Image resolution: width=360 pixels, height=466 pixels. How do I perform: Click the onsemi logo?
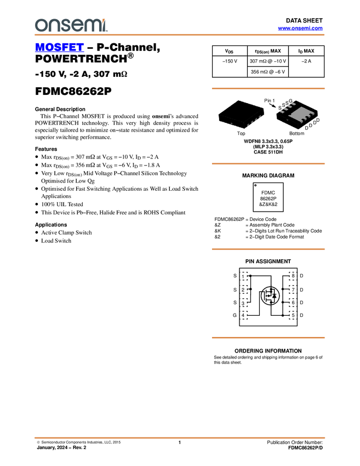[x=71, y=25]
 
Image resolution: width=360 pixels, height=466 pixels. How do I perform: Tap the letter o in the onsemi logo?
[x=39, y=25]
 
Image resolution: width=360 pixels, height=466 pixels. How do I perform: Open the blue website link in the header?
[x=300, y=29]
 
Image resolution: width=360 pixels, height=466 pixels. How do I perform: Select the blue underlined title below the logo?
[x=59, y=48]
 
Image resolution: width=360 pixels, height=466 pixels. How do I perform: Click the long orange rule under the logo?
[x=179, y=35]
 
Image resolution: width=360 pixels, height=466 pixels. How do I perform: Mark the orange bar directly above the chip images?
[x=268, y=88]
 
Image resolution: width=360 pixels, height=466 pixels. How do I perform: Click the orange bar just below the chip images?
[x=268, y=164]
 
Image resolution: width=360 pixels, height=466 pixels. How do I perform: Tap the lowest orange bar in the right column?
[x=268, y=338]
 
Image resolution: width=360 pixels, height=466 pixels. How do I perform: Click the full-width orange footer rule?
[x=179, y=438]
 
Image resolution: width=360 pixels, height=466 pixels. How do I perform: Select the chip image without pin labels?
[x=241, y=114]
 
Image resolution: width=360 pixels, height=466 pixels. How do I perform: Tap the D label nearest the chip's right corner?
[x=318, y=120]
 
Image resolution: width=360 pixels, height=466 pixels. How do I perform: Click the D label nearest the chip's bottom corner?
[x=306, y=128]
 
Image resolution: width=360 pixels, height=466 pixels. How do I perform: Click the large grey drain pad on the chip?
[x=301, y=114]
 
